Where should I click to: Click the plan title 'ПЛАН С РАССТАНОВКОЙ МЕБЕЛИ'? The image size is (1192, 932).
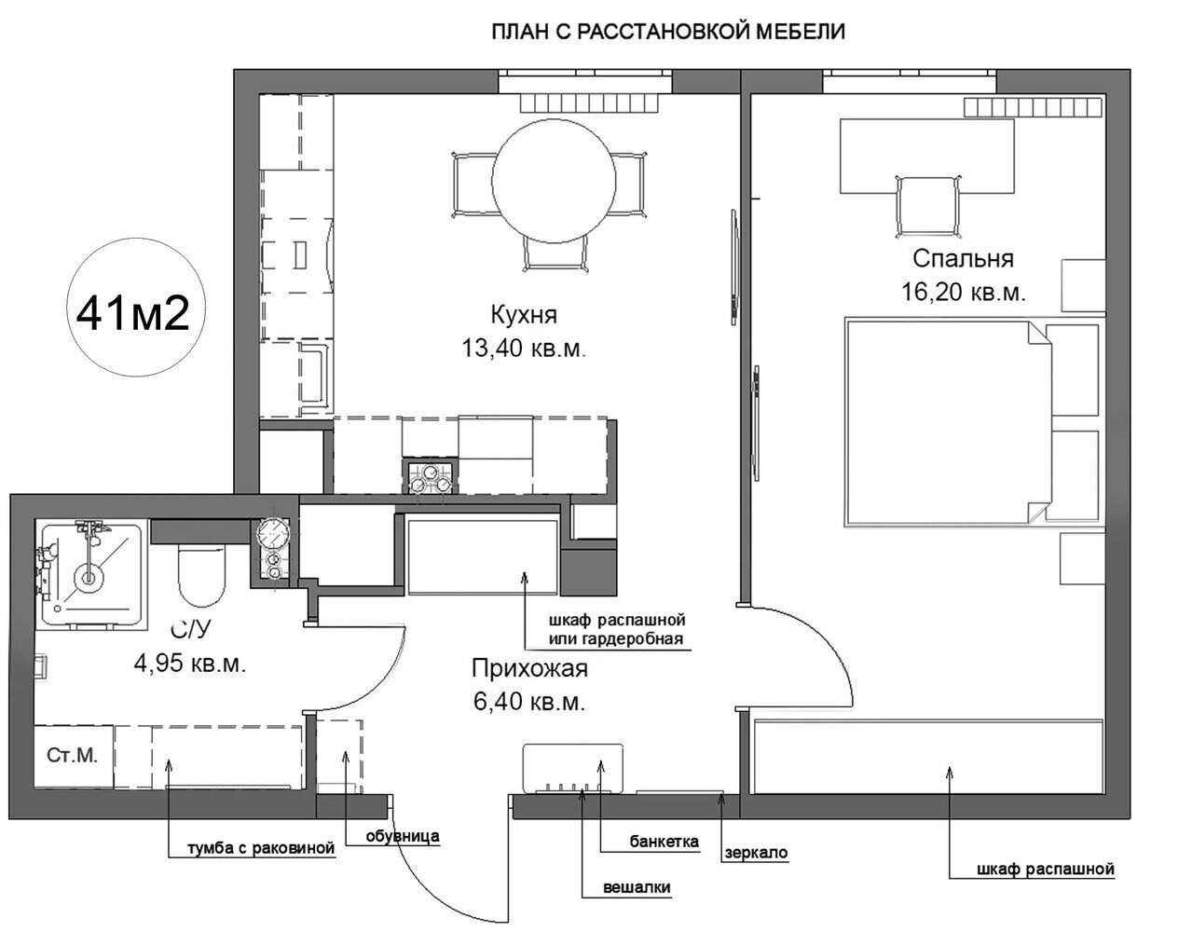pos(667,32)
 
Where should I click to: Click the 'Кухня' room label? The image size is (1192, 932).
pos(524,314)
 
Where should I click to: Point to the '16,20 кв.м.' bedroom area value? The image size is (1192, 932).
pos(963,292)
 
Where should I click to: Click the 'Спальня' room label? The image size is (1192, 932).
pos(963,258)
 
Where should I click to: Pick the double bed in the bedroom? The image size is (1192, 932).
pos(972,421)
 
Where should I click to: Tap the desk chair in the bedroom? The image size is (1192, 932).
pos(928,206)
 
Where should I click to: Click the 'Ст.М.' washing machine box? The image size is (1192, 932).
pos(73,757)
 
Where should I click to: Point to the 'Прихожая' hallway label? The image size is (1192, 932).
pos(529,668)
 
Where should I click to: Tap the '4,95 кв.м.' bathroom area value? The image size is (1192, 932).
pos(190,664)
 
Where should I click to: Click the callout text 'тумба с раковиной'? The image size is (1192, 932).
pos(261,848)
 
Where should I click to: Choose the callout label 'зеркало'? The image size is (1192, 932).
pos(756,852)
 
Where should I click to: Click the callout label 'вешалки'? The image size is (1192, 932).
pos(637,887)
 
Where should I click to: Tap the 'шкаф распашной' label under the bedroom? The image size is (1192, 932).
pos(1046,869)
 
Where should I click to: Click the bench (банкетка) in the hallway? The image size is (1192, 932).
pos(573,769)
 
